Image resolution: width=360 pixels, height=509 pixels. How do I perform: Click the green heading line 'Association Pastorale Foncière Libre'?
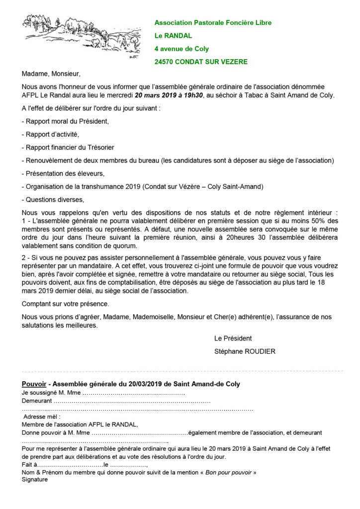(x=213, y=23)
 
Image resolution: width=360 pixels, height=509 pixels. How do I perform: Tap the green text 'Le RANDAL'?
(x=173, y=36)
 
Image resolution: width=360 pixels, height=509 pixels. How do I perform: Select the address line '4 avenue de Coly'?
(x=181, y=49)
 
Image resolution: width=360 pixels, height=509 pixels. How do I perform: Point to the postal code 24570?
(x=165, y=62)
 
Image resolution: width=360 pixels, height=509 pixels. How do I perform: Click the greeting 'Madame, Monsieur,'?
(x=51, y=74)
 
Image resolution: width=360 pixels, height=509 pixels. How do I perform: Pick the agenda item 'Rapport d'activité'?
(x=52, y=134)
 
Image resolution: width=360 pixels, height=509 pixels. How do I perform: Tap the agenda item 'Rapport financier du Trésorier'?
(x=69, y=147)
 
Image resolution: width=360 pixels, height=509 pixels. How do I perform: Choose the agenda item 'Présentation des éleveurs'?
(x=64, y=173)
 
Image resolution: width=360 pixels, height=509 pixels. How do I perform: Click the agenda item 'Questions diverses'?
(x=54, y=199)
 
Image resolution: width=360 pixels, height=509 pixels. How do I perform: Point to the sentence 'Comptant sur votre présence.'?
(x=65, y=304)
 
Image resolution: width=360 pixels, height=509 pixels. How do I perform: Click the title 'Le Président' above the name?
(x=233, y=339)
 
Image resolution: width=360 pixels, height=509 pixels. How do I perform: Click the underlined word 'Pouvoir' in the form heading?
(x=34, y=384)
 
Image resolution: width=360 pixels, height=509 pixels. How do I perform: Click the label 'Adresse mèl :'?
(x=42, y=417)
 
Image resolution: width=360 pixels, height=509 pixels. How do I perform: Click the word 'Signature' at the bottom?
(x=35, y=480)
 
